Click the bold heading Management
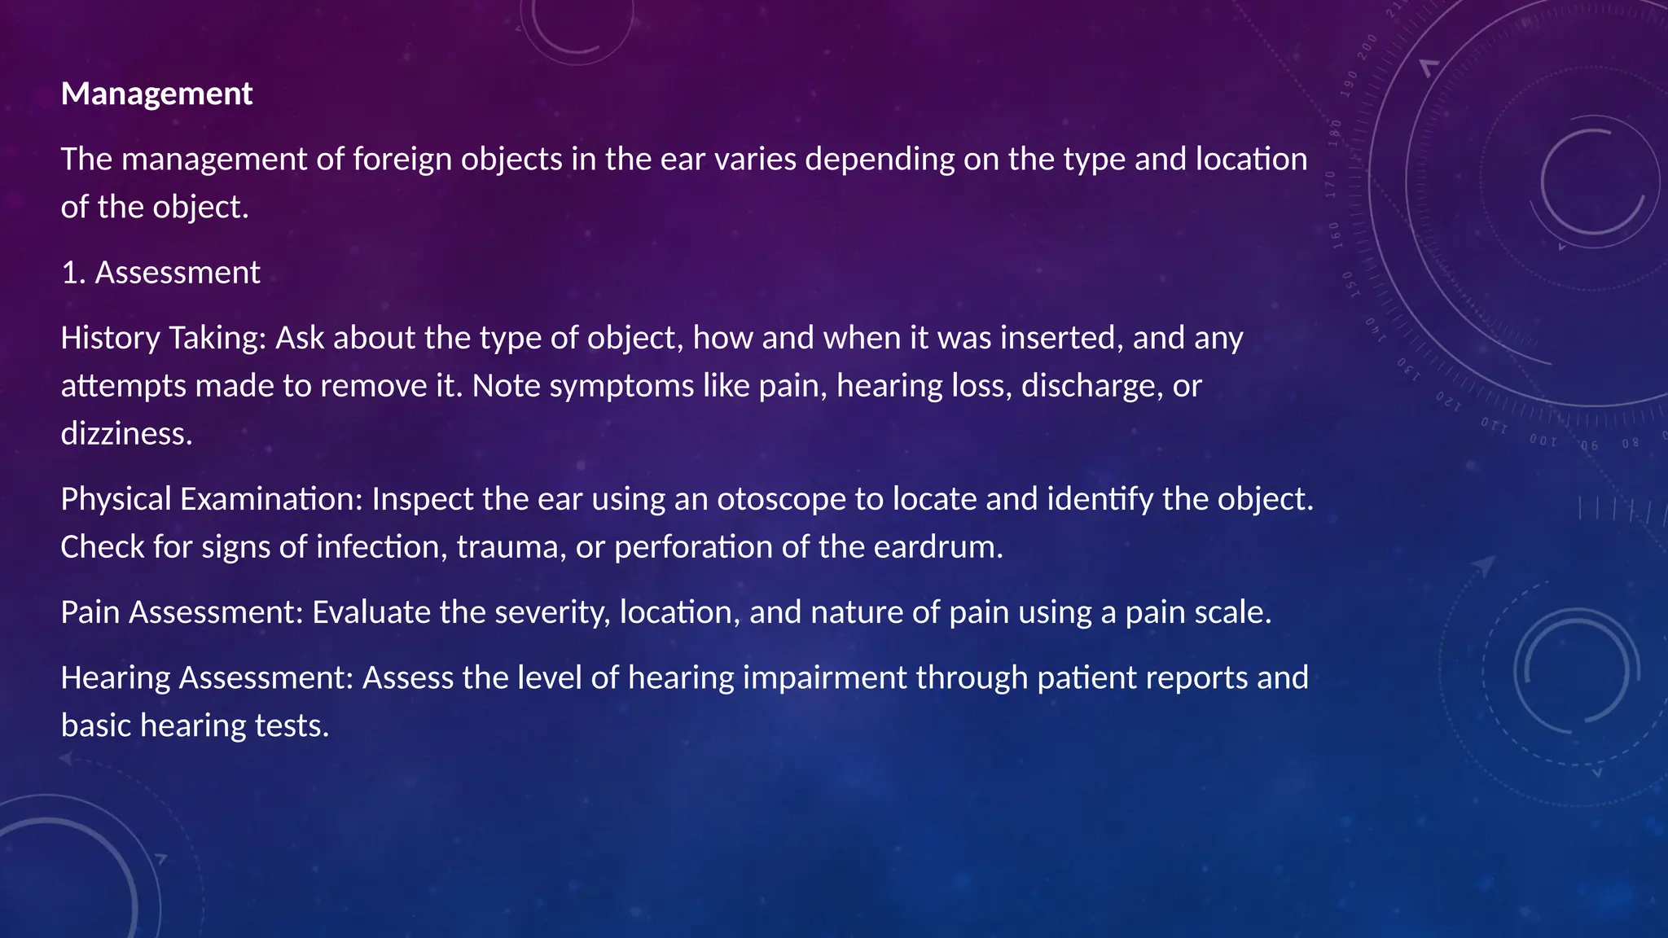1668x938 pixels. pos(156,94)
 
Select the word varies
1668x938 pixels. pos(755,159)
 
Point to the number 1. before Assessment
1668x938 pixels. pos(73,273)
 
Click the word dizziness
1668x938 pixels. pos(126,434)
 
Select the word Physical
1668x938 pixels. pos(116,499)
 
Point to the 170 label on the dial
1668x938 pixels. pos(1331,184)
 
